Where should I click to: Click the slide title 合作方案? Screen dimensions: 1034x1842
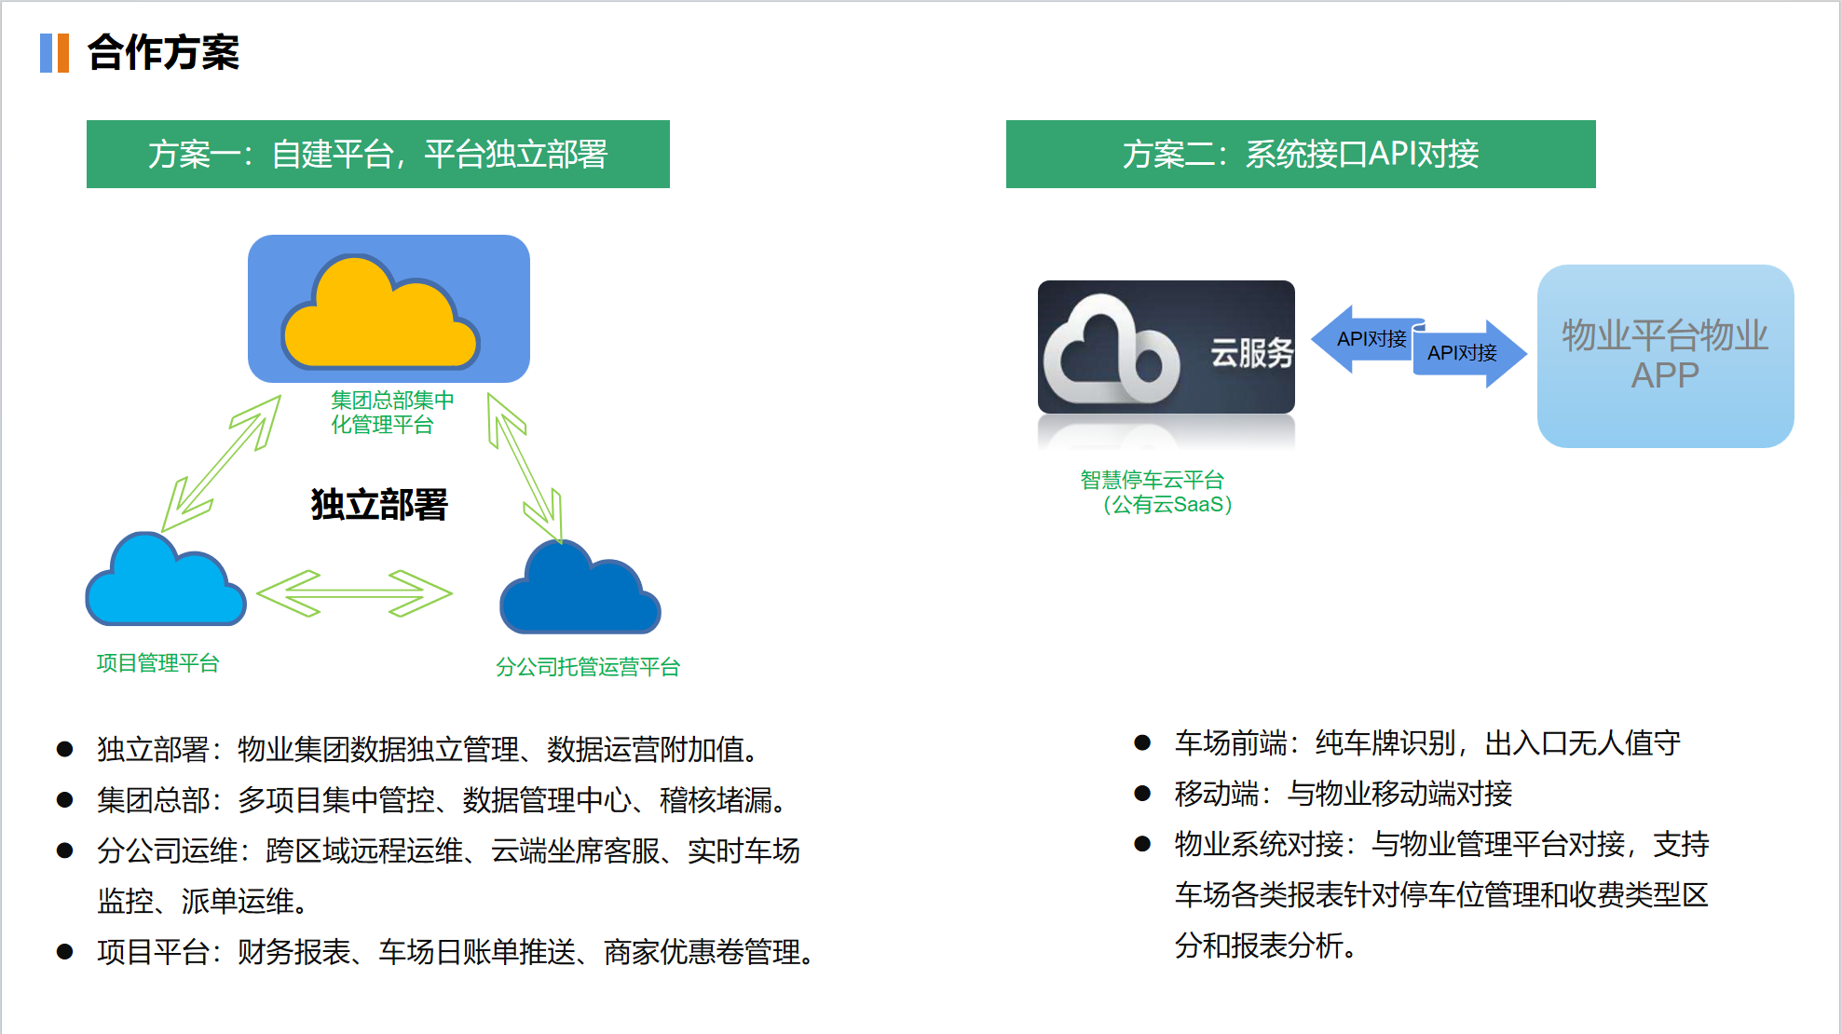[163, 52]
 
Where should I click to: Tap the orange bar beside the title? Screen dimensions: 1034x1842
[62, 53]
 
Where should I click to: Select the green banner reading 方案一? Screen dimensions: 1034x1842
[377, 154]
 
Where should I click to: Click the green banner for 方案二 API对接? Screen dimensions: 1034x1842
[1300, 154]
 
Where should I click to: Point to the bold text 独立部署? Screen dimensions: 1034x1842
[379, 504]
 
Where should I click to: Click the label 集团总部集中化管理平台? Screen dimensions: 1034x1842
[391, 412]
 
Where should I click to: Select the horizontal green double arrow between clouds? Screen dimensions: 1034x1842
[354, 593]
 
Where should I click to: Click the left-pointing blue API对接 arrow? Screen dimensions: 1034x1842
[1362, 339]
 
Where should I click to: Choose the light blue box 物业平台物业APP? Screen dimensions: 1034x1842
[1664, 356]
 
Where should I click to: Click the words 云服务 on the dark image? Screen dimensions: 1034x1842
[1251, 353]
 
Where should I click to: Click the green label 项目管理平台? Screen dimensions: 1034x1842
[157, 663]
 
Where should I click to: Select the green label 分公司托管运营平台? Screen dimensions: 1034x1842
[587, 667]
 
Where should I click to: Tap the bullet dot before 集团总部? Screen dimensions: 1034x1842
[65, 800]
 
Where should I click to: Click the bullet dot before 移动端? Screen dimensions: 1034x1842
[1142, 794]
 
